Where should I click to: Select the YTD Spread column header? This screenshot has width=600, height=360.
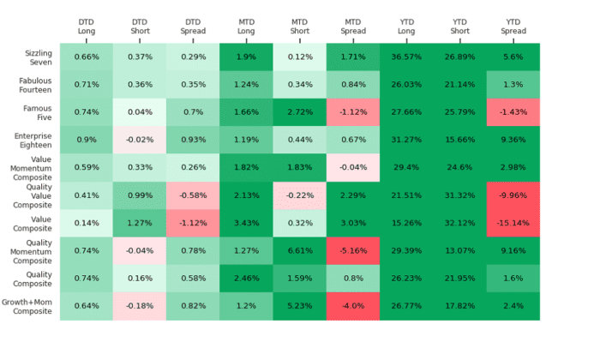point(513,27)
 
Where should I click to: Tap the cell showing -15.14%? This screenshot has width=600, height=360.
point(513,223)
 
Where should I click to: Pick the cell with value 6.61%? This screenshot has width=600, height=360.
point(300,251)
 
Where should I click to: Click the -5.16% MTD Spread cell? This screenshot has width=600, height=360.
point(353,251)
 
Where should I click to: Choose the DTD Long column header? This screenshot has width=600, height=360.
point(87,27)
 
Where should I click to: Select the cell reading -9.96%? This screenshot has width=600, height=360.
point(513,195)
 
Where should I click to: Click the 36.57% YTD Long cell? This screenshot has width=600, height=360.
point(406,57)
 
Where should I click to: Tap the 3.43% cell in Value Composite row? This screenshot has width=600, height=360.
point(246,223)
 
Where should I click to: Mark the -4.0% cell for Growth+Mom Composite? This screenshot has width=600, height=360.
point(353,306)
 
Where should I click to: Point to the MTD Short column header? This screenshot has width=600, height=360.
point(300,27)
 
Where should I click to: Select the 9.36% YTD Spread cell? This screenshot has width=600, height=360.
point(513,140)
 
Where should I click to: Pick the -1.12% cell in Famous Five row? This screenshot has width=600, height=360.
point(353,112)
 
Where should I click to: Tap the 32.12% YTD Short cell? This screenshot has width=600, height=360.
point(459,223)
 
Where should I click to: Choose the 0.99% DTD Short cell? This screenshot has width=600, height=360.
point(140,195)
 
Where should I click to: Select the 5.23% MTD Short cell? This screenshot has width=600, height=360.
point(300,306)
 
